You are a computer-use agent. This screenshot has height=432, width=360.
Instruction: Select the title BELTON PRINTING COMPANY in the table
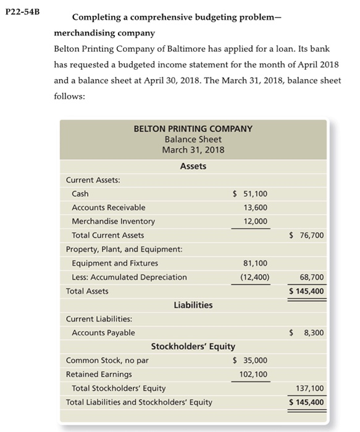pyautogui.click(x=193, y=128)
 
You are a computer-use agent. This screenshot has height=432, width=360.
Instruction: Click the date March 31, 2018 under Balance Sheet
pyautogui.click(x=193, y=150)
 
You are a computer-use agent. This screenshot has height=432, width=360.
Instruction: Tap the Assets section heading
pyautogui.click(x=193, y=166)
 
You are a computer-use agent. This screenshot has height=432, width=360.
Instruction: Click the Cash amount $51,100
pyautogui.click(x=249, y=194)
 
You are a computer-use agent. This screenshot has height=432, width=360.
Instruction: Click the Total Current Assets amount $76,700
pyautogui.click(x=306, y=235)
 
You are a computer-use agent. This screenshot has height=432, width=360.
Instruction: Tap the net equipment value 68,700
pyautogui.click(x=311, y=277)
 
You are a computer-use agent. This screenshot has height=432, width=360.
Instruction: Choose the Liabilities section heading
pyautogui.click(x=193, y=305)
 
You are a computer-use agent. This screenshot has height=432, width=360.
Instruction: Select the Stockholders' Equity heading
pyautogui.click(x=193, y=346)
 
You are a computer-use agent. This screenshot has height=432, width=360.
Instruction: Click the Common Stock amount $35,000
pyautogui.click(x=249, y=360)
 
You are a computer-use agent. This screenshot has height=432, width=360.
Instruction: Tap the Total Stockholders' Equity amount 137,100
pyautogui.click(x=309, y=388)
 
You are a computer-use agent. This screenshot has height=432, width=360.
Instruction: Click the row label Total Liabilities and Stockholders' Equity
pyautogui.click(x=139, y=402)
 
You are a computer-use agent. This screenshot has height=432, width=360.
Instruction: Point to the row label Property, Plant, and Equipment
pyautogui.click(x=123, y=249)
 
